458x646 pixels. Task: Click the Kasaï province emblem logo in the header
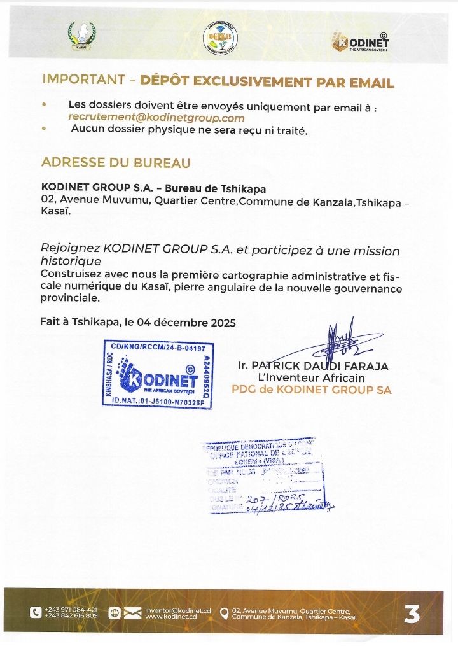coord(81,37)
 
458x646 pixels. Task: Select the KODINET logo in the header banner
coord(360,42)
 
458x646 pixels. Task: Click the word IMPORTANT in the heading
coord(83,81)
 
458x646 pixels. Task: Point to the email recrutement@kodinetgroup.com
coord(156,118)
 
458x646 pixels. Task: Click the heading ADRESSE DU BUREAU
coord(116,163)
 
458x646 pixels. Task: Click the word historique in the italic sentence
coord(71,262)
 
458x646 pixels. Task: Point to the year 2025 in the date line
coord(223,322)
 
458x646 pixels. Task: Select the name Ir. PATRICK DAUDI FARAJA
coord(312,366)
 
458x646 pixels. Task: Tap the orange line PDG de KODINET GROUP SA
coord(311,390)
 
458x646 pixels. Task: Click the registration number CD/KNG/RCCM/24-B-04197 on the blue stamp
coord(158,348)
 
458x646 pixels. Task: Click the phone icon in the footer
coord(36,613)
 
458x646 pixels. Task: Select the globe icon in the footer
coord(114,613)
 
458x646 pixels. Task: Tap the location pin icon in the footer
coord(223,614)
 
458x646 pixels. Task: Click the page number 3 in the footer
coord(412,614)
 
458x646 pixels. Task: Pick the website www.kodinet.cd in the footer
coord(170,617)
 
